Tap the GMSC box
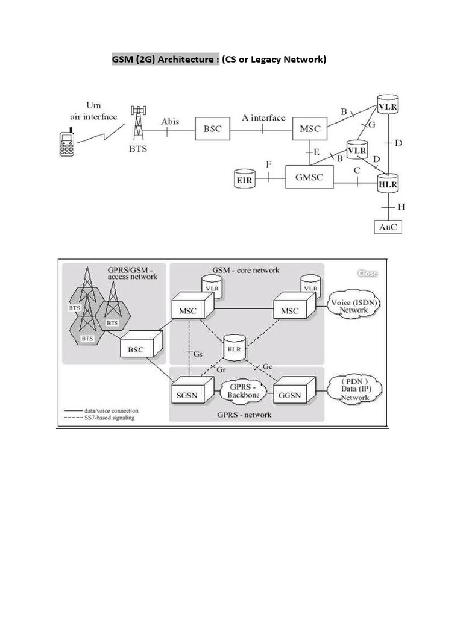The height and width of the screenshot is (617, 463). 309,177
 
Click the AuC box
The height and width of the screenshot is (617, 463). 386,227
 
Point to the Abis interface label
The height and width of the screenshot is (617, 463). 170,121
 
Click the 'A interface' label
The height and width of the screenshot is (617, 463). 263,118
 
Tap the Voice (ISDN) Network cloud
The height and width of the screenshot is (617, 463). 353,305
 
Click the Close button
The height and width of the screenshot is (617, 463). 367,274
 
